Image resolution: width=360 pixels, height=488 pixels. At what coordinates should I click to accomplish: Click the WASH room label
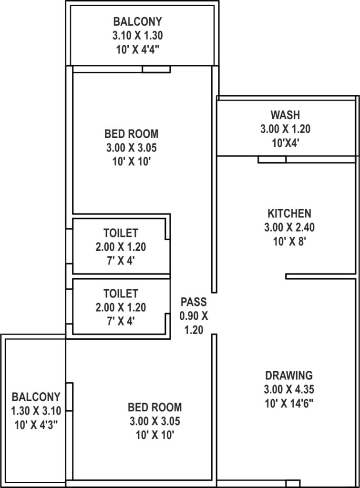tap(285, 115)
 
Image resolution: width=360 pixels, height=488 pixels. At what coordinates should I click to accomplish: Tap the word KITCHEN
tap(289, 213)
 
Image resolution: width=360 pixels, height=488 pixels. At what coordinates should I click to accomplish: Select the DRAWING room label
tap(289, 376)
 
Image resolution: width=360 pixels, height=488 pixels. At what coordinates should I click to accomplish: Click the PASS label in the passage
tap(194, 302)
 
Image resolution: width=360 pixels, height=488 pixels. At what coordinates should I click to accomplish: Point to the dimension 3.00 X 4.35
tap(289, 389)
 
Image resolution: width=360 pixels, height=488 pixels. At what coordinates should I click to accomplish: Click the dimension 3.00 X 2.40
tap(289, 227)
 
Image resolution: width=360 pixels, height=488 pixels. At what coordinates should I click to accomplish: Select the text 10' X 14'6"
tap(289, 404)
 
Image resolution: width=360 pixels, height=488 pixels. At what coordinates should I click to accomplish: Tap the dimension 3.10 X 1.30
tap(138, 35)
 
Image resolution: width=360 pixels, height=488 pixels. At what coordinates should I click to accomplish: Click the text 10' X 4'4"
tap(138, 50)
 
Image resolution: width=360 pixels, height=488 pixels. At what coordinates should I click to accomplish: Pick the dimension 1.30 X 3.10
tap(36, 411)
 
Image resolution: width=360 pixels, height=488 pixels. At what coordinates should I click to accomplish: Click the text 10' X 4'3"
tap(36, 425)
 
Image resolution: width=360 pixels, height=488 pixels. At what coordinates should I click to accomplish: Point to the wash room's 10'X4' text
tap(285, 143)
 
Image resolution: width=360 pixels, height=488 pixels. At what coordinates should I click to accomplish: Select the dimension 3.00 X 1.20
tap(285, 129)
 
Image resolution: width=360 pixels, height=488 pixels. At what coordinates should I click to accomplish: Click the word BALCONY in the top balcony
tap(138, 21)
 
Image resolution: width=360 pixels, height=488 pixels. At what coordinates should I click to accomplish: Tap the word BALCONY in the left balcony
tap(36, 397)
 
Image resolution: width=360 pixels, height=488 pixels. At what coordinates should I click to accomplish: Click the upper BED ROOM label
tap(132, 134)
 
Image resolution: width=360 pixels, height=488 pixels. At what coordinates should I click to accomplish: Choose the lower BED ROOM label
tap(155, 407)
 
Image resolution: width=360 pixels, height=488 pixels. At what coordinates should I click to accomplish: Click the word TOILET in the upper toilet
tap(121, 233)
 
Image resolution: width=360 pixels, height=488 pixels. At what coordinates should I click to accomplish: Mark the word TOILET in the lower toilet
tap(121, 294)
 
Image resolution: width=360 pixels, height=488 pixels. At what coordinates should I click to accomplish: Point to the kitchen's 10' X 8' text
tap(289, 242)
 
